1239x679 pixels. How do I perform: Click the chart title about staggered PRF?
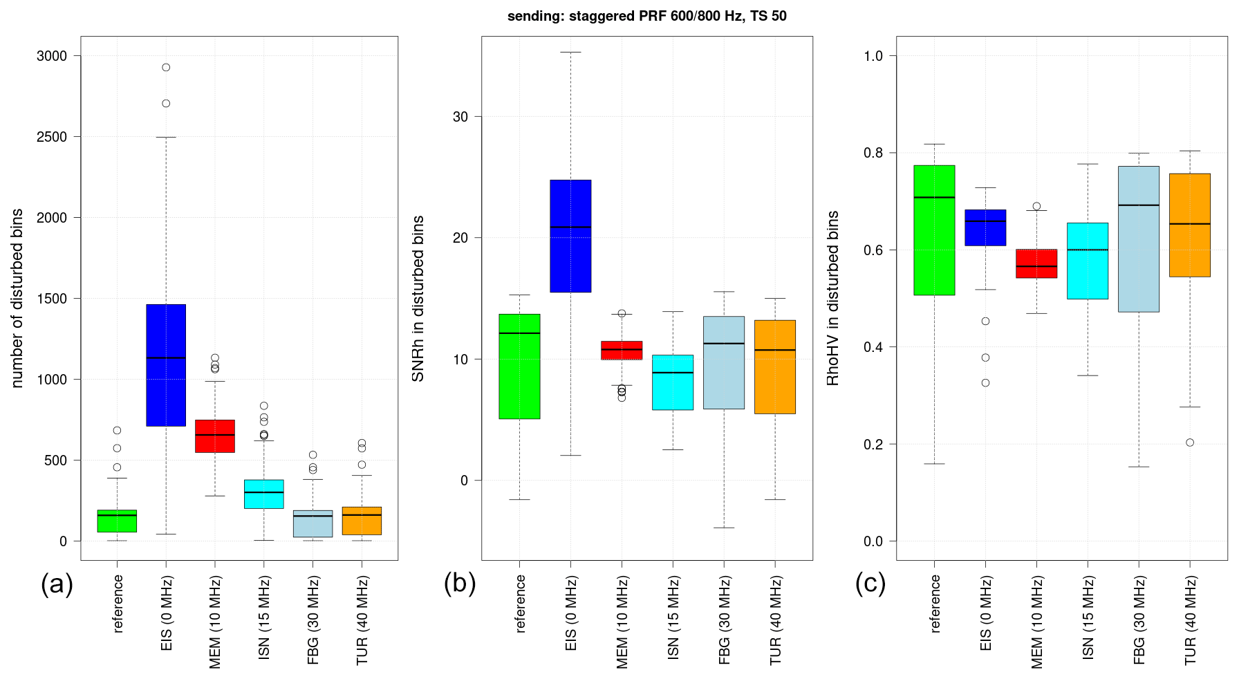click(646, 16)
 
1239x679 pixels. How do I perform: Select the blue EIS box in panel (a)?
click(166, 365)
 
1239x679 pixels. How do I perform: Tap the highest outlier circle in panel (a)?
click(166, 67)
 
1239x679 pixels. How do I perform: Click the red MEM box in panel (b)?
click(622, 350)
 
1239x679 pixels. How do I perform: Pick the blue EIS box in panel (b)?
click(570, 236)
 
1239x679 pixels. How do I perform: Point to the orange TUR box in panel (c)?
click(1190, 225)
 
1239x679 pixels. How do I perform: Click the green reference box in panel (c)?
click(934, 230)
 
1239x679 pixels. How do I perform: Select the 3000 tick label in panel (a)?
click(52, 56)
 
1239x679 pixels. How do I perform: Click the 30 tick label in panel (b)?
click(460, 117)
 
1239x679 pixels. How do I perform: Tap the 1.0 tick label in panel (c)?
click(873, 56)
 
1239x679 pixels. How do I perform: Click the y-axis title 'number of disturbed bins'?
click(17, 298)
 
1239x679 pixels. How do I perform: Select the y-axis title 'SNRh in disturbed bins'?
click(418, 298)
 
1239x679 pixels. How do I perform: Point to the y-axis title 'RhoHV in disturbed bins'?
click(832, 298)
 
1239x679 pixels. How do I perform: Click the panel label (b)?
click(460, 584)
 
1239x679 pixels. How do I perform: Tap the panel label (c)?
click(870, 584)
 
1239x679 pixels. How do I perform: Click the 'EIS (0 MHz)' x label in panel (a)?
click(167, 613)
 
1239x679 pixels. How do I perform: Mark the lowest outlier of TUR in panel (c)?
click(1190, 443)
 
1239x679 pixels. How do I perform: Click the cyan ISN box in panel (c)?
click(1088, 261)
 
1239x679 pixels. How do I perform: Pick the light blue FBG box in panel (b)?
click(724, 362)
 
